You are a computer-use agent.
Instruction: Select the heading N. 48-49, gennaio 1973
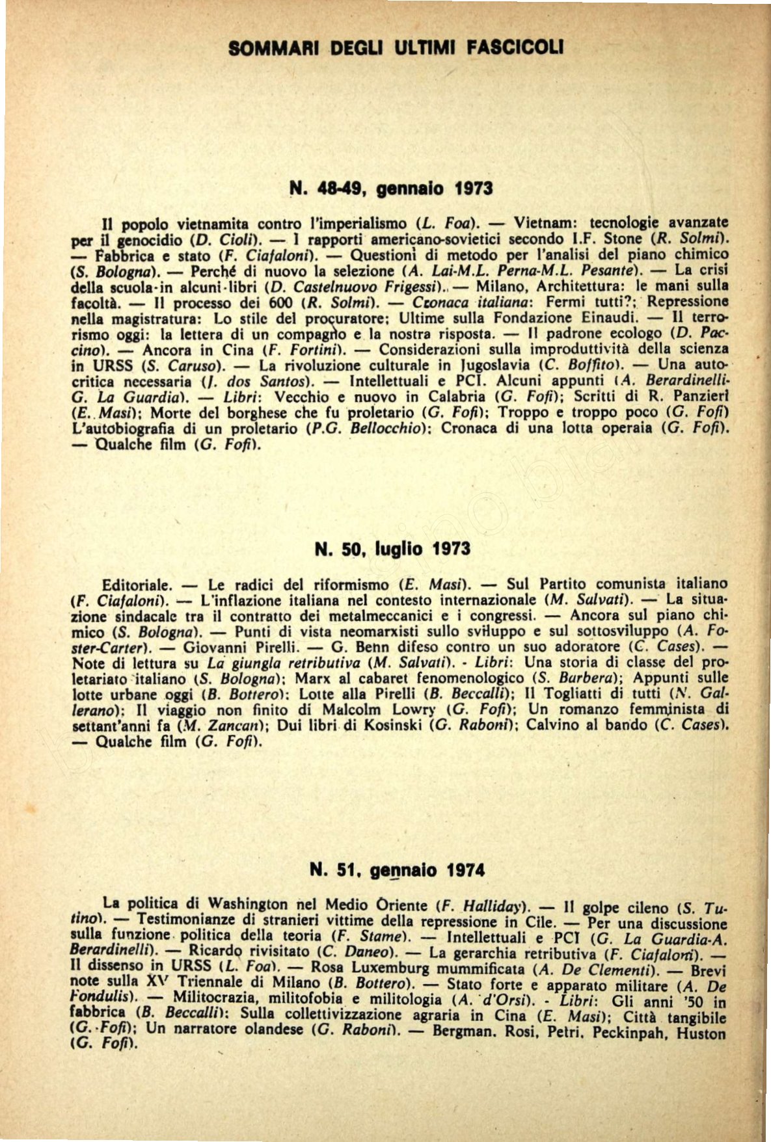click(391, 189)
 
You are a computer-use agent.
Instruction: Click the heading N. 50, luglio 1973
click(392, 550)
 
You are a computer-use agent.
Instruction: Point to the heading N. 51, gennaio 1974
click(397, 870)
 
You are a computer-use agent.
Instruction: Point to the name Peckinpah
click(627, 1034)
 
